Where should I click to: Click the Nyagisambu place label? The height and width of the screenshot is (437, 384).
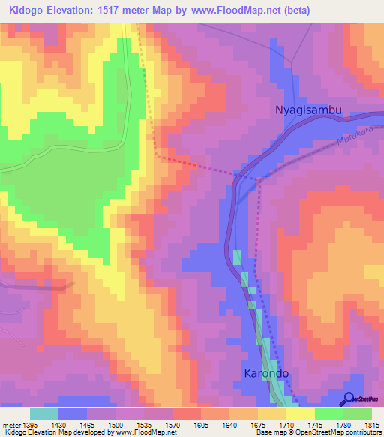coord(307,110)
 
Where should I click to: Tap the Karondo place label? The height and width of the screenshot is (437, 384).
coord(265,373)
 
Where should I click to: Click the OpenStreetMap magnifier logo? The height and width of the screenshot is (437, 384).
coord(349,399)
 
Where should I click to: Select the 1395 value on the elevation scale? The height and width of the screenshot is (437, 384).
coord(29,424)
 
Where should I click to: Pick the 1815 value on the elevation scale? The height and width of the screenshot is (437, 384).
coord(373,424)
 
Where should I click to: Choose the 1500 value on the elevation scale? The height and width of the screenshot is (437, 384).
coord(116,424)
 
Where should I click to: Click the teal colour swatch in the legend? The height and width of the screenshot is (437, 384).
coord(44,414)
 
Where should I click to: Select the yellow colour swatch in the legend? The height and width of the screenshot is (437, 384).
coord(301,414)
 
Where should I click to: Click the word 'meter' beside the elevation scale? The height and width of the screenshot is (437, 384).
coord(10,424)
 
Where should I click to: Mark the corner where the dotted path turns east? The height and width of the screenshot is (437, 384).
coord(158,156)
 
